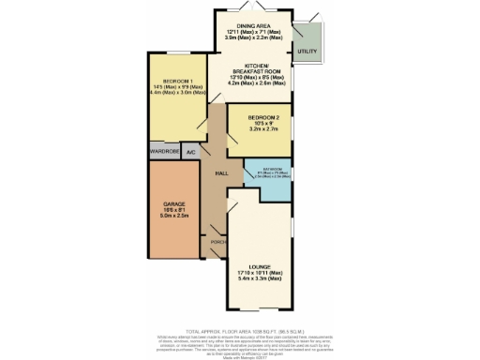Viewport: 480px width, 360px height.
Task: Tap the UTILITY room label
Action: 305,50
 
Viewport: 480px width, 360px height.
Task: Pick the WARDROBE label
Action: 164,151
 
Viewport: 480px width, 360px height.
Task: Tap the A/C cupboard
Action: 191,151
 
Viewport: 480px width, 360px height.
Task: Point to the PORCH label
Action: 217,242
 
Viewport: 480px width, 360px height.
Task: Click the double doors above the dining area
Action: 250,12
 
